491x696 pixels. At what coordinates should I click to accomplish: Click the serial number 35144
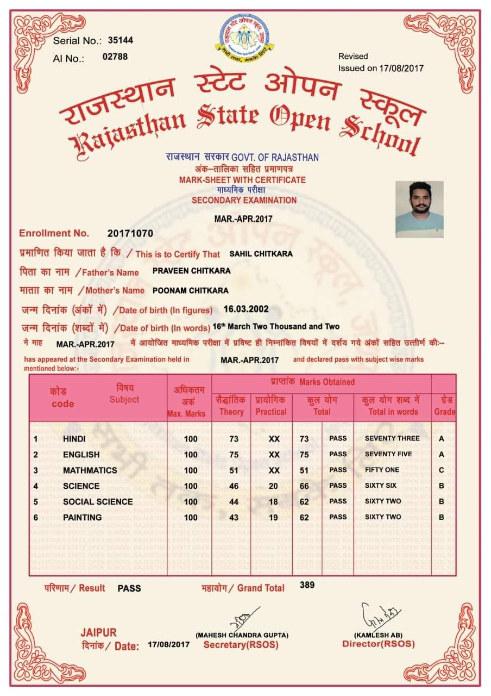121,40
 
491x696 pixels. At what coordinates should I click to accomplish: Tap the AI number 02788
115,56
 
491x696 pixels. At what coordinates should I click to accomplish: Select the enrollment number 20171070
130,233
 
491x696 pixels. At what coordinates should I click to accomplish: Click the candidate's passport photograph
419,209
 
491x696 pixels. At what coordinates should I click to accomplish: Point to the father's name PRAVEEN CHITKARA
191,271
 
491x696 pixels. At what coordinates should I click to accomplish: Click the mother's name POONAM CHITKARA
191,290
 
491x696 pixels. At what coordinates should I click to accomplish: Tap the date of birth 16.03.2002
246,309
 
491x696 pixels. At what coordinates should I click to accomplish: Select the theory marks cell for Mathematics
234,470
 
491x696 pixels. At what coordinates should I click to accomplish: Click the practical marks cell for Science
274,486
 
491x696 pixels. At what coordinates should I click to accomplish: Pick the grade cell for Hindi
442,439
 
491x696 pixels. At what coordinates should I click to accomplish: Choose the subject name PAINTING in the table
82,518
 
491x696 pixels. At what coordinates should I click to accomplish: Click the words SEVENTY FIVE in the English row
388,454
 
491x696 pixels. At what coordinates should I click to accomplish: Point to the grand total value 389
307,585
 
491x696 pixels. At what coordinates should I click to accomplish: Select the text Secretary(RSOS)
241,645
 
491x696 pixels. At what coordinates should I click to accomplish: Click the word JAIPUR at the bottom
98,633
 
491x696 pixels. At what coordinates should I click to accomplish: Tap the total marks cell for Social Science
304,502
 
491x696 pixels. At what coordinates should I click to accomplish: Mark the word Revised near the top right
353,57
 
